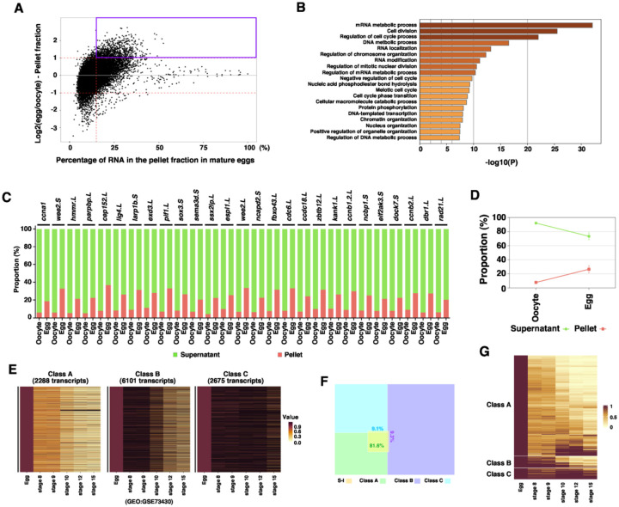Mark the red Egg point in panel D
588,269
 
